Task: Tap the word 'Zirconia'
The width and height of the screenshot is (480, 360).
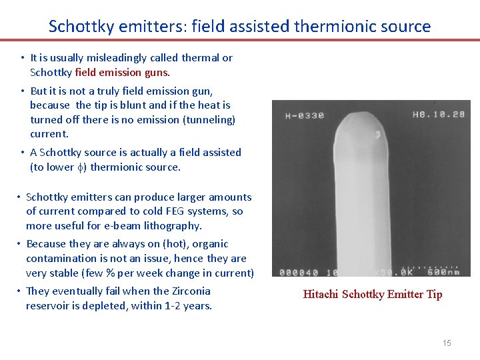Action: pyautogui.click(x=189, y=291)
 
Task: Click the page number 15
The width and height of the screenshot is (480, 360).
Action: pyautogui.click(x=447, y=343)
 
